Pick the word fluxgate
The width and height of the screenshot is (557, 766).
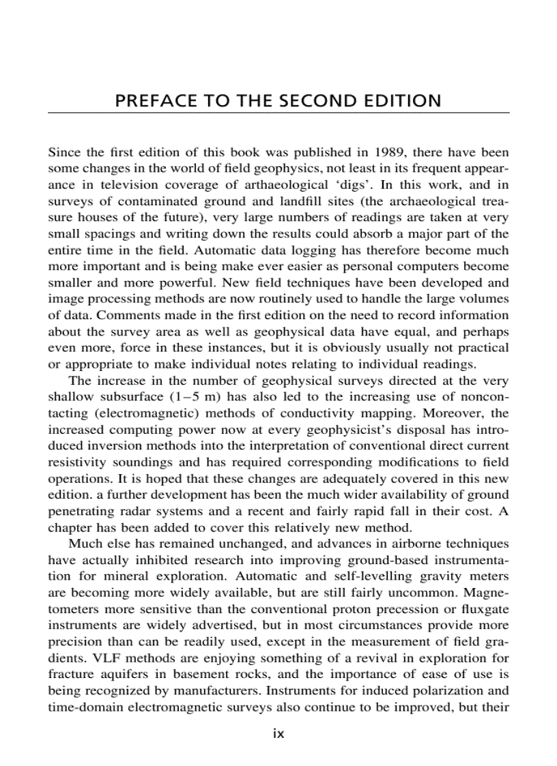tap(481, 610)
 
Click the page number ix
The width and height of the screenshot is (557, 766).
tap(278, 734)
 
